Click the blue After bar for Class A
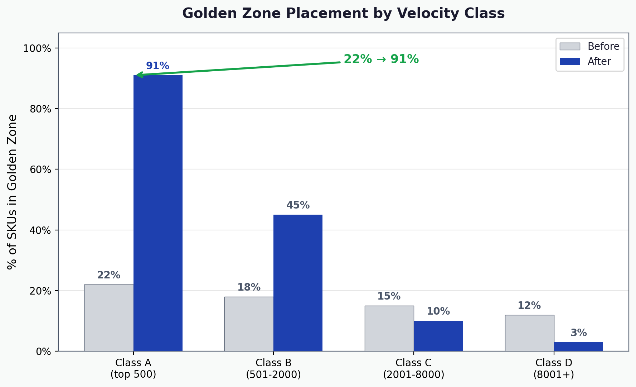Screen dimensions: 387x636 [x=158, y=213]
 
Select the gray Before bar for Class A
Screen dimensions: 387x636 [x=109, y=318]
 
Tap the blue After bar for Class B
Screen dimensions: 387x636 [x=298, y=283]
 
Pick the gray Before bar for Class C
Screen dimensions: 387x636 [x=389, y=328]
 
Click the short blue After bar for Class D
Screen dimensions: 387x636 [x=578, y=347]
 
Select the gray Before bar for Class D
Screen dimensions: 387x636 [x=529, y=333]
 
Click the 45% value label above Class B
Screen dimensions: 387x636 [x=298, y=205]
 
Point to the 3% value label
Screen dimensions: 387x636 [x=578, y=333]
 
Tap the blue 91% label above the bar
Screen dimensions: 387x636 [x=157, y=66]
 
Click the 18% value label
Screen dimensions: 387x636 [x=249, y=287]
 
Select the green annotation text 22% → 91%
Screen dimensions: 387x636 [x=381, y=59]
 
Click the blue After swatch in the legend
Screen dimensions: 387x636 [x=569, y=61]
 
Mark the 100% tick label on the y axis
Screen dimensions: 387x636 [x=37, y=48]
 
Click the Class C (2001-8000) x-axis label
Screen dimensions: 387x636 [x=413, y=369]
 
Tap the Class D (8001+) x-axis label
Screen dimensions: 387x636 [x=554, y=369]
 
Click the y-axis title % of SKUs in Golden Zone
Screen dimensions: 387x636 [x=13, y=192]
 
